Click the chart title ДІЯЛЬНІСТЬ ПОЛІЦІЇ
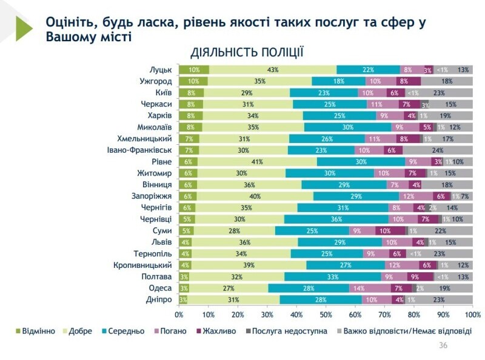247,52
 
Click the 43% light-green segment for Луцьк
272,70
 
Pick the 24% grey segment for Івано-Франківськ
438,150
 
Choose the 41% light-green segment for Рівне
257,162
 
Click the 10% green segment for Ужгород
193,81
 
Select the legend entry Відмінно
36,331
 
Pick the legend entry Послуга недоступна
288,331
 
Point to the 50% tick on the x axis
326,315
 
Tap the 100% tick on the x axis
472,315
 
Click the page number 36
443,345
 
